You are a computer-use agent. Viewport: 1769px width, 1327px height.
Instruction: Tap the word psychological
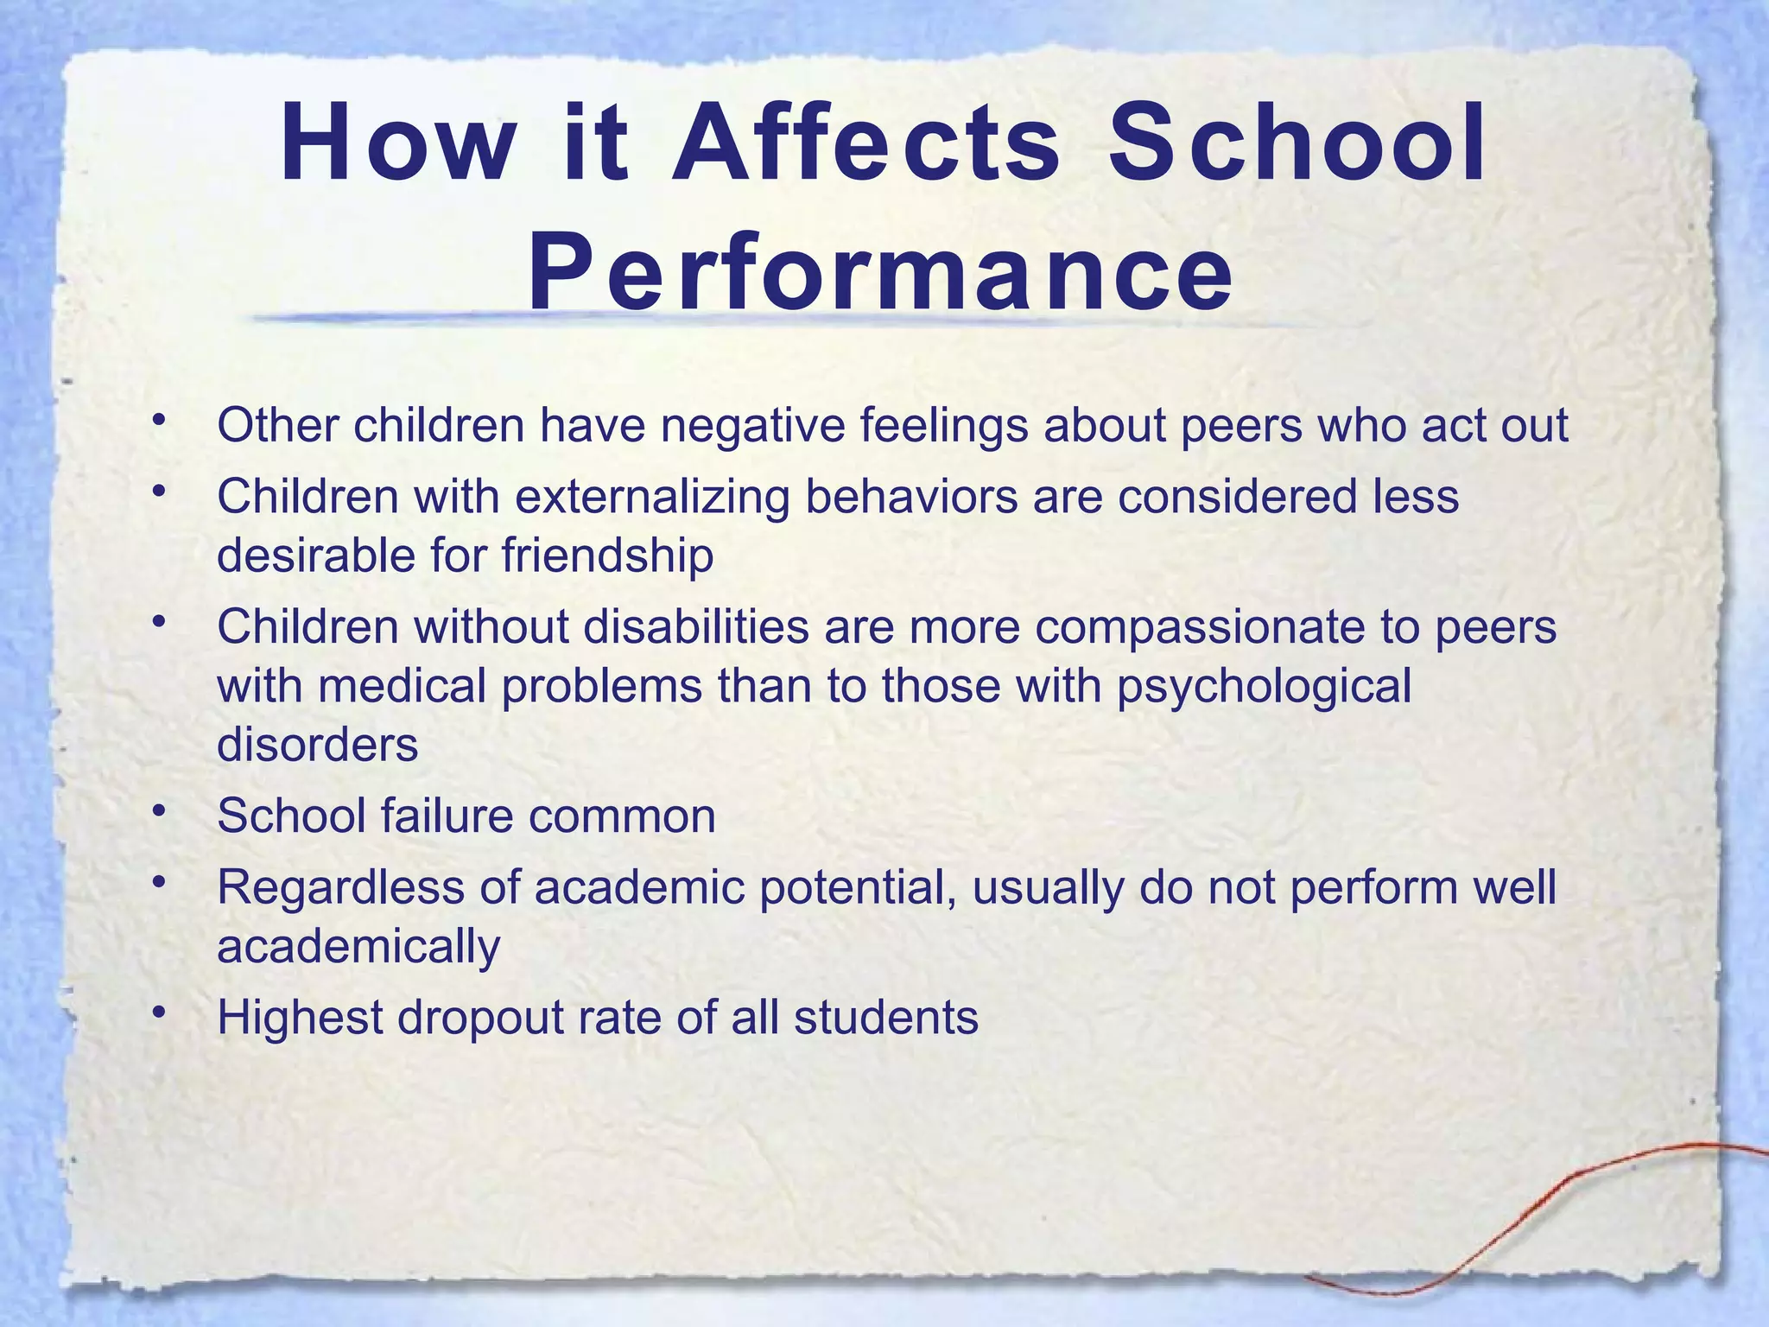point(1265,687)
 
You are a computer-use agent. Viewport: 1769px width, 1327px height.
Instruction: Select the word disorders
point(317,745)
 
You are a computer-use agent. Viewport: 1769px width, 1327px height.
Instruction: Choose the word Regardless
point(340,887)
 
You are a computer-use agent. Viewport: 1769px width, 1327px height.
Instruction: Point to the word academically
point(358,947)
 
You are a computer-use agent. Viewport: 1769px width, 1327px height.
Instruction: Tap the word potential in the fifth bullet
point(858,888)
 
